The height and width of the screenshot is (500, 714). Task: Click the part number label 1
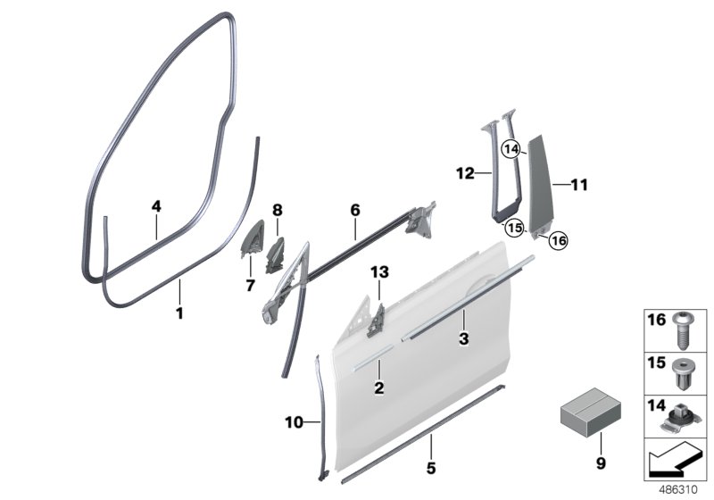(178, 313)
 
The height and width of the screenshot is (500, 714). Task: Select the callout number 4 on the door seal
(155, 206)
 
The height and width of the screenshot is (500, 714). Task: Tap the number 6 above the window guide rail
(354, 211)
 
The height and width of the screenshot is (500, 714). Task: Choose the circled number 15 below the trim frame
(514, 227)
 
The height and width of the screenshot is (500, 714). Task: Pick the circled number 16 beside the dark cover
(558, 239)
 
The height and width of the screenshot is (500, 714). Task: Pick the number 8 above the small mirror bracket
(252, 211)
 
